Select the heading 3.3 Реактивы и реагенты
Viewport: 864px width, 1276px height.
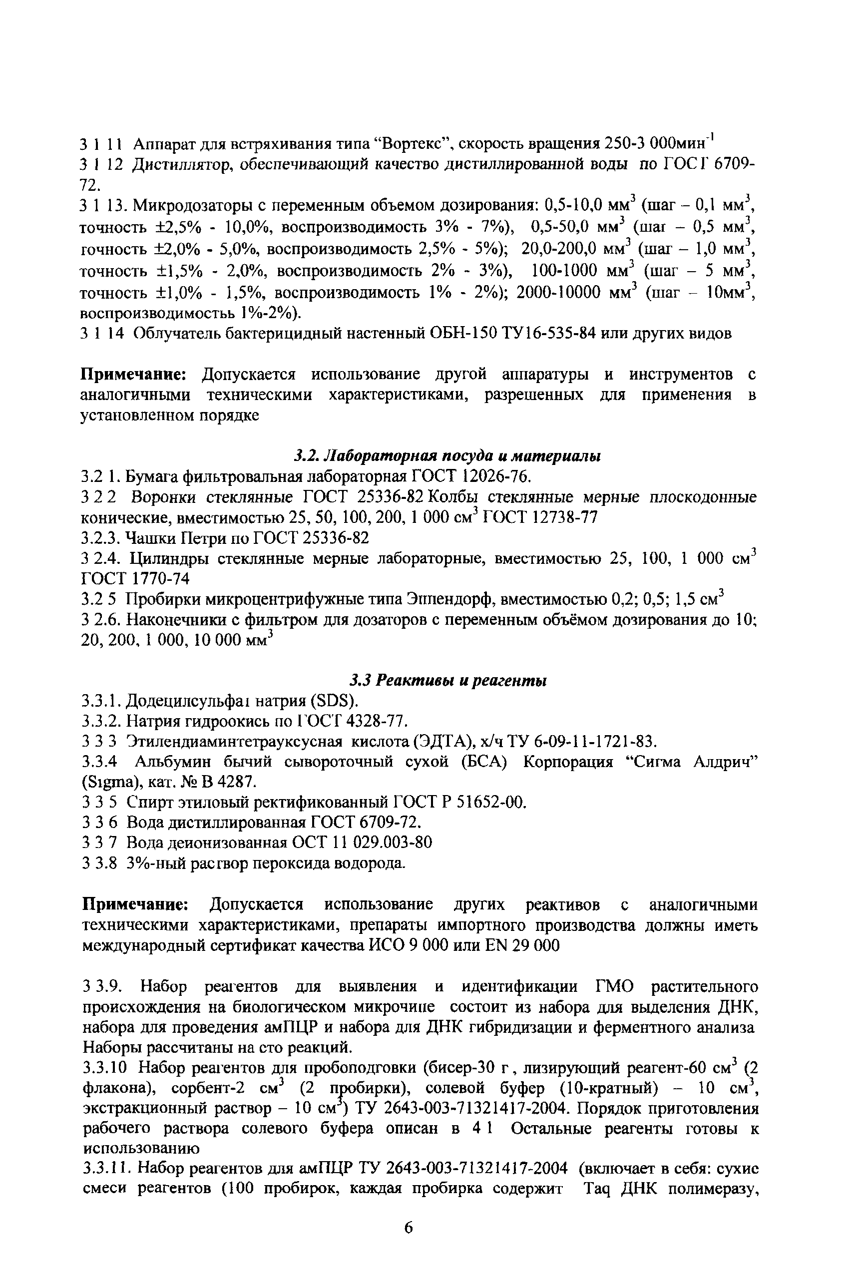coord(448,681)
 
